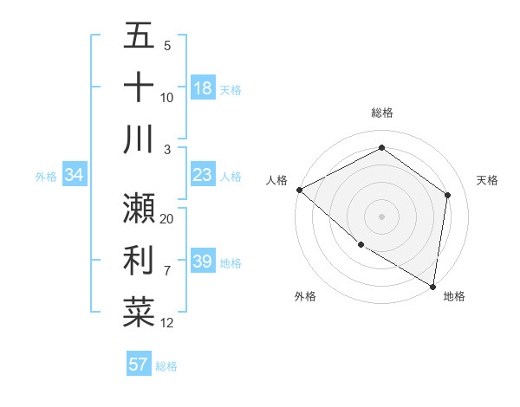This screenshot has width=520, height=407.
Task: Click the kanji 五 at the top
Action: [139, 36]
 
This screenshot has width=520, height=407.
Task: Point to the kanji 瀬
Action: [139, 208]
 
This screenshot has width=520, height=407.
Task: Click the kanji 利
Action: [139, 260]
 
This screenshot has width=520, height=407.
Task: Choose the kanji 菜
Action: [139, 312]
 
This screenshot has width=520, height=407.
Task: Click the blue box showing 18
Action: [203, 88]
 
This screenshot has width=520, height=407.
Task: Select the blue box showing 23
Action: [203, 175]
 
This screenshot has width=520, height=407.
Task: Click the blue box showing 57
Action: [139, 365]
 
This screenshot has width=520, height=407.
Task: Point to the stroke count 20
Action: [167, 219]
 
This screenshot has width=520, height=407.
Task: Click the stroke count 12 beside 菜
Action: [167, 323]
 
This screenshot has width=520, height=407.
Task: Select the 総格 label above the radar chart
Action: [381, 113]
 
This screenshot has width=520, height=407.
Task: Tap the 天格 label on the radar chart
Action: [488, 180]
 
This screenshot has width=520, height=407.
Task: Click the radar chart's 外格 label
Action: [305, 296]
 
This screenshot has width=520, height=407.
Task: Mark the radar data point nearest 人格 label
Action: [299, 190]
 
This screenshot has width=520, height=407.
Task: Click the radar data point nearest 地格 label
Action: [432, 286]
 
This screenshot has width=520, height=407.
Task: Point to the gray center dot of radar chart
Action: [381, 216]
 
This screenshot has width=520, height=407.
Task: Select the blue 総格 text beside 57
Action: [166, 366]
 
